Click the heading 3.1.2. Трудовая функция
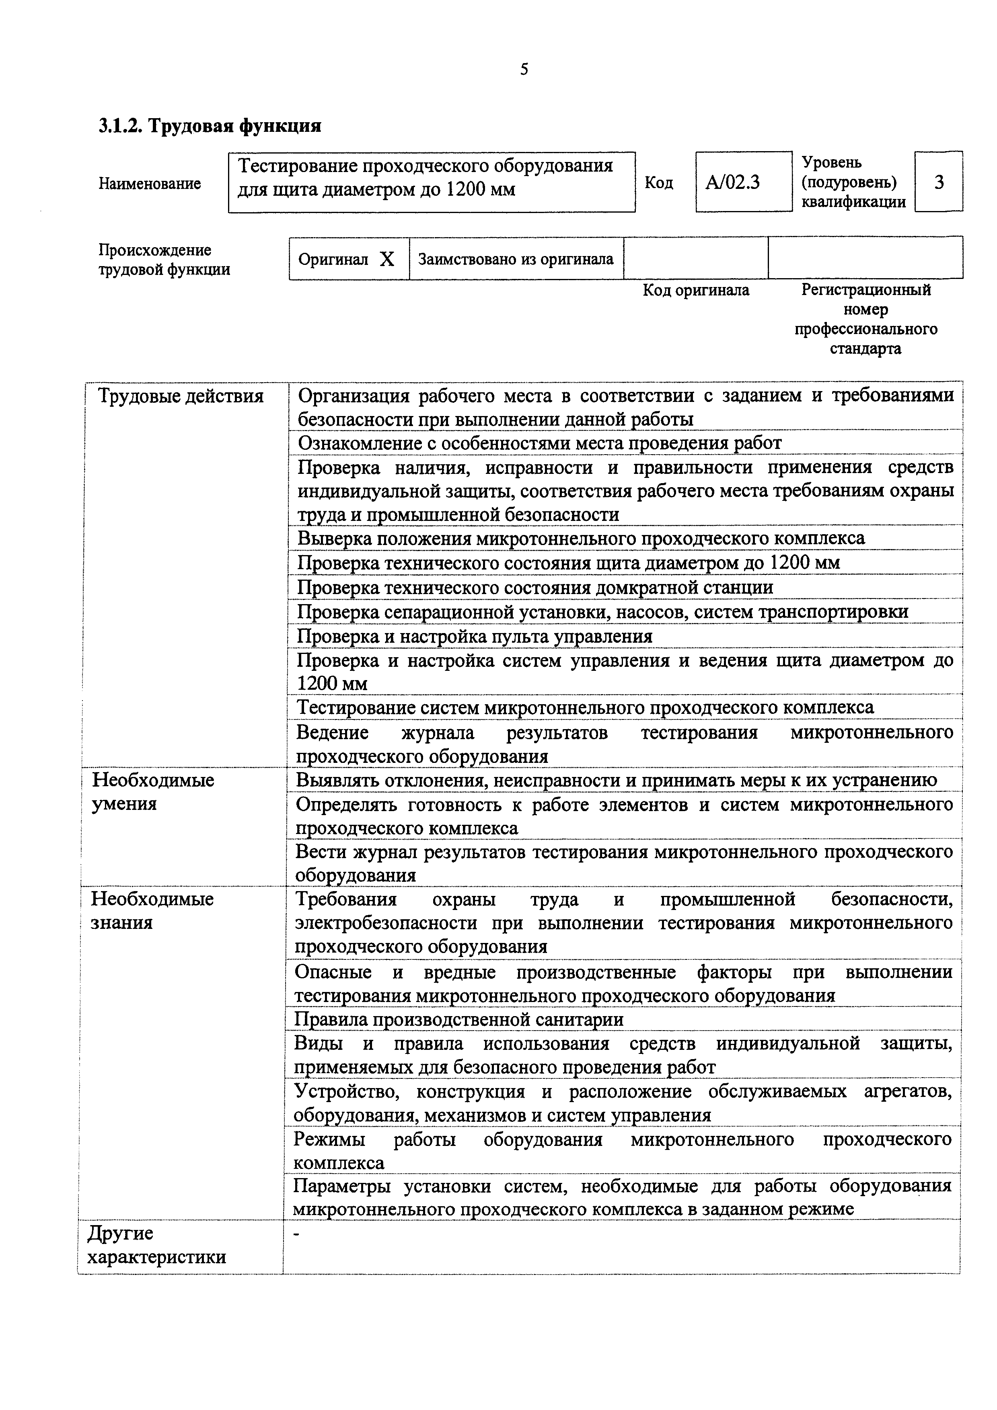pyautogui.click(x=210, y=126)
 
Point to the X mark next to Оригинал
pyautogui.click(x=386, y=260)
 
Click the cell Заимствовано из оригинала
pyautogui.click(x=516, y=260)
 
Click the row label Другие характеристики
pyautogui.click(x=156, y=1245)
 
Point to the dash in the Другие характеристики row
pyautogui.click(x=297, y=1236)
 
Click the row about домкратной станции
pyautogui.click(x=534, y=588)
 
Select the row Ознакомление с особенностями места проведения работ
pyautogui.click(x=539, y=443)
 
